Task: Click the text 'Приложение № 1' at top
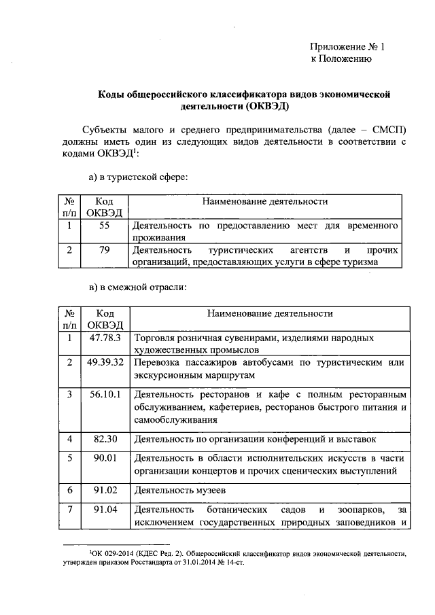tap(347, 48)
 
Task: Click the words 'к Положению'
tap(340, 60)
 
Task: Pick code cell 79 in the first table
tap(104, 251)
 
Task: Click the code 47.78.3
tap(104, 338)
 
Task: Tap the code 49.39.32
tap(104, 363)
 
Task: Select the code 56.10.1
tap(104, 394)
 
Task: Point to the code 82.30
tap(104, 439)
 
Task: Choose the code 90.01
tap(104, 458)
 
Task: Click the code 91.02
tap(104, 489)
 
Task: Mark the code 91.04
tap(104, 510)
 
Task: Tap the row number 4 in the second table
tap(69, 439)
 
